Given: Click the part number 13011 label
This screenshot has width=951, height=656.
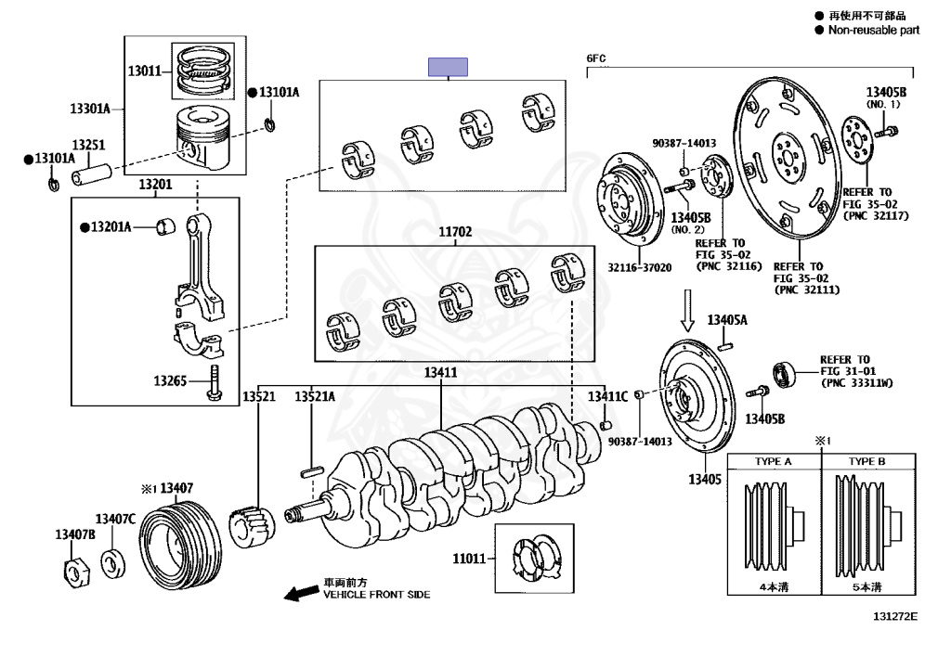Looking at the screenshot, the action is (x=144, y=71).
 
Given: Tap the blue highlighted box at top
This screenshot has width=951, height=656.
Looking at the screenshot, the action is (x=448, y=67).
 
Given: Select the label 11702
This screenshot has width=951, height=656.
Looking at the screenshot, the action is (x=455, y=231).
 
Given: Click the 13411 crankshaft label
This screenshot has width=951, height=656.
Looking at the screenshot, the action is (x=440, y=372).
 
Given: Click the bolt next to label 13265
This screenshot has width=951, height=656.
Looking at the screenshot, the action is (x=214, y=383).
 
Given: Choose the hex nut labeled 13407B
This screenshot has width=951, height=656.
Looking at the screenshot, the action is (x=76, y=572).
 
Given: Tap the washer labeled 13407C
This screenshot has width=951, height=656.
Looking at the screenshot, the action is (x=112, y=564).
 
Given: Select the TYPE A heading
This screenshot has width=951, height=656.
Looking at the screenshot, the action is (x=773, y=461).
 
